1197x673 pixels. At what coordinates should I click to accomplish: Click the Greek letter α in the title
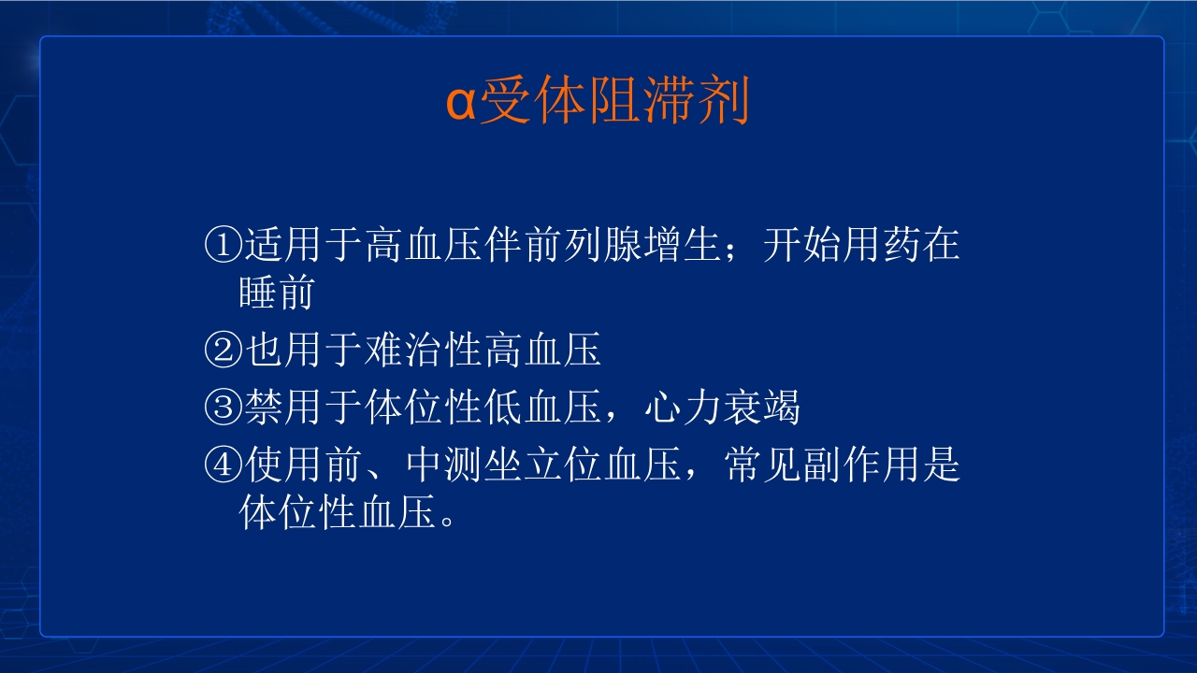(460, 105)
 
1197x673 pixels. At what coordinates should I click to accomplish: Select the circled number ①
(222, 246)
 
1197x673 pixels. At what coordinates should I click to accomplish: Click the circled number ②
(222, 351)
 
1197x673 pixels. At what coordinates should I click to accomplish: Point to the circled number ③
(222, 408)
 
